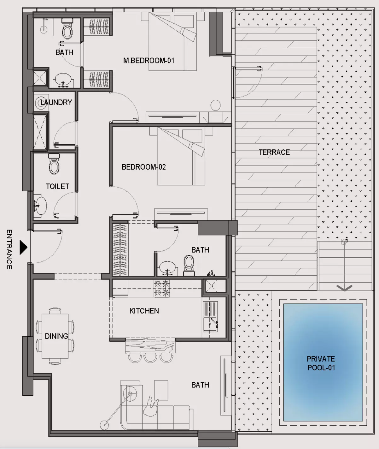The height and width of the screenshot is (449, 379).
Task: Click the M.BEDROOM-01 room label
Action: point(149,61)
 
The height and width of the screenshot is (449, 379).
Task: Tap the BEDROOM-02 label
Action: point(143,167)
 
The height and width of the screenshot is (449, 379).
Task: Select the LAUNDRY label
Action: point(56,102)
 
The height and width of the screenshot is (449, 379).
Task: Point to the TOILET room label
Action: point(57,186)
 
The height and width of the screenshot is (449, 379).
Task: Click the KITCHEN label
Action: point(144,311)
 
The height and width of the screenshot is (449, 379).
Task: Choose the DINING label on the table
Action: point(56,336)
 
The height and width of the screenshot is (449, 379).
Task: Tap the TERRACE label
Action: point(274,152)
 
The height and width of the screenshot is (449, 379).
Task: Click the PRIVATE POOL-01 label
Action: point(321,363)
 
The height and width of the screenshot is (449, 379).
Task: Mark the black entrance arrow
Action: point(23,247)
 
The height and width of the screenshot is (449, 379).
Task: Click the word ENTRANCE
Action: point(9,249)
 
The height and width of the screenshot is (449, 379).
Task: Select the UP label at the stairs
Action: point(344,242)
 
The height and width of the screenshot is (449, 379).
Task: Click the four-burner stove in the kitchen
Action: point(162,288)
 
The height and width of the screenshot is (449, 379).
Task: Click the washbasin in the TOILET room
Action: point(40,206)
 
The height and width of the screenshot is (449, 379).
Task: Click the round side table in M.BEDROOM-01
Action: point(215,105)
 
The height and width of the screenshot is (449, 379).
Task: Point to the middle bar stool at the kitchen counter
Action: point(148,358)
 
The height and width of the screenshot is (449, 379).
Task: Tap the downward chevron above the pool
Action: point(344,288)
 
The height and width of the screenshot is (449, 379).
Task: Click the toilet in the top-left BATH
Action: point(67,30)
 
